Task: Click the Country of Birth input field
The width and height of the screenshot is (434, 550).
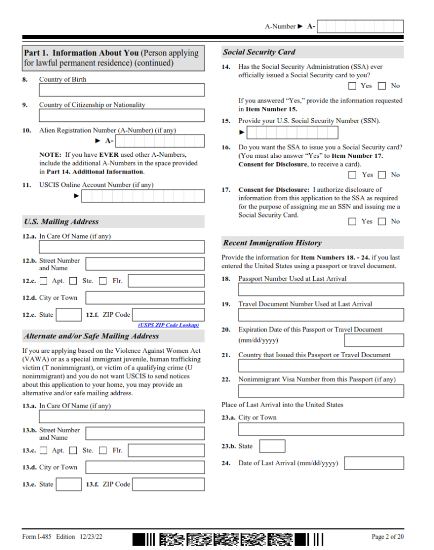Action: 121,90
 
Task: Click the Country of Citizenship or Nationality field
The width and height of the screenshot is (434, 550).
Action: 121,115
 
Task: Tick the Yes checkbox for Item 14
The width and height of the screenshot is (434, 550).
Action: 352,86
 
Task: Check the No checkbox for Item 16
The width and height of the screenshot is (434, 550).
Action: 382,175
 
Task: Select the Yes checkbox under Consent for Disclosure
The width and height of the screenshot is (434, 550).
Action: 352,221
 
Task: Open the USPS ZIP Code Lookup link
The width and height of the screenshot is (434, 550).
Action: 168,325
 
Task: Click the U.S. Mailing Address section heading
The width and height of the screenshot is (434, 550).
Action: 61,221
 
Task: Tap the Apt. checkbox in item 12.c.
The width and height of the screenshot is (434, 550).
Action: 44,281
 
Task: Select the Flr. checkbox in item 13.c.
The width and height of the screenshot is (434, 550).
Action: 103,451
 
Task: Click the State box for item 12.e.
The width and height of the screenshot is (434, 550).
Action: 69,315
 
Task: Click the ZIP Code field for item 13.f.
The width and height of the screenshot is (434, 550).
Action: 168,484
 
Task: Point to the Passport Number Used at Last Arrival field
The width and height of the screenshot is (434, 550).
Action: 321,290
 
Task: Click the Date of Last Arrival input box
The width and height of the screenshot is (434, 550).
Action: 373,463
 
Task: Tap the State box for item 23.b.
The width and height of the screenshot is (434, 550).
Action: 272,446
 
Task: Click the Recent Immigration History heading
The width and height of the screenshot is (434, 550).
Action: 272,243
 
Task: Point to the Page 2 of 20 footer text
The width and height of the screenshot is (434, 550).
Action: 387,537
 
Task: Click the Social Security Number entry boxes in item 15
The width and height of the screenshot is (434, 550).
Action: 292,132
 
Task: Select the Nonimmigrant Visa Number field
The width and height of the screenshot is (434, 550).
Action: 321,390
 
